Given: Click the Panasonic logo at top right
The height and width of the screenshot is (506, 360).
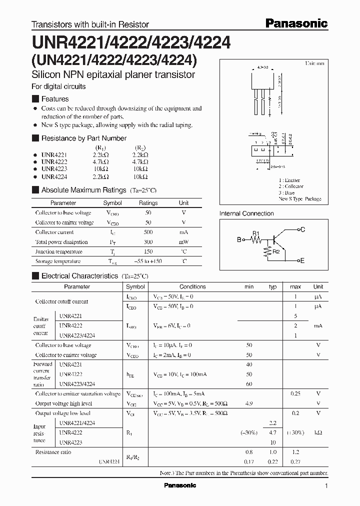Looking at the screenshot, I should [x=296, y=23].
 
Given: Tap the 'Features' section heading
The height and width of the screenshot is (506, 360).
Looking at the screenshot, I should [x=54, y=99].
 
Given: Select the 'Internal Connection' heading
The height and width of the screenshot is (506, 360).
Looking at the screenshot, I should [x=246, y=213].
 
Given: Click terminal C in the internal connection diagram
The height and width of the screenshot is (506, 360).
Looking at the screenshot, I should [x=302, y=229].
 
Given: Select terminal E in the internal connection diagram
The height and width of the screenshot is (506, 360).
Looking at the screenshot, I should [x=302, y=261].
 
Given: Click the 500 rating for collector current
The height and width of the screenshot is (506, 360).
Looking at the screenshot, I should [x=148, y=232].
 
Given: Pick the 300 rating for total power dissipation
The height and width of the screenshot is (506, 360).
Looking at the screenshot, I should [x=148, y=242].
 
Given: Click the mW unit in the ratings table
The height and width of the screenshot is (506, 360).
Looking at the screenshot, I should [x=183, y=242].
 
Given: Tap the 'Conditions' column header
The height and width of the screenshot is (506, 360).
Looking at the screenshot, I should [x=192, y=286].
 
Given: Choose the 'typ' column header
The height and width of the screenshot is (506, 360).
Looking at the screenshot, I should [x=272, y=286].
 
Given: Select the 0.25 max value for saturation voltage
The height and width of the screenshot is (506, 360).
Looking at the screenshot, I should [x=295, y=394].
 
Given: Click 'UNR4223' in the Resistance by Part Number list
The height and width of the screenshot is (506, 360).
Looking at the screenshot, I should [x=50, y=169].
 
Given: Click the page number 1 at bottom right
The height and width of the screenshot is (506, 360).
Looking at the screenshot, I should [x=326, y=486].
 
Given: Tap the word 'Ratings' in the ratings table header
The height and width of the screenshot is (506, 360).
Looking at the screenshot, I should [x=148, y=203].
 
